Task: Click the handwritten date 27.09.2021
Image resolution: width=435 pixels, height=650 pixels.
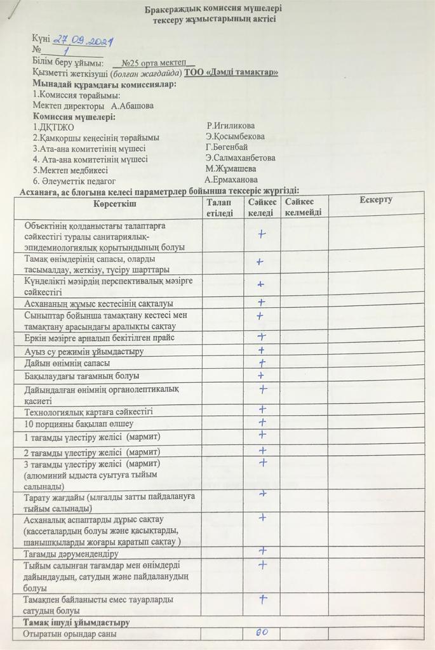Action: [83, 41]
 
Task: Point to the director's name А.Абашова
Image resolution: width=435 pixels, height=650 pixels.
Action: [132, 106]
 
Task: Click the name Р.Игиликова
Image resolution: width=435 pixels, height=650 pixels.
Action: [231, 126]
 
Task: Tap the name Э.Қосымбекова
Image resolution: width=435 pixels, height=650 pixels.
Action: [235, 136]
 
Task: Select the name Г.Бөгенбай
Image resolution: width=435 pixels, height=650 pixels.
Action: [227, 147]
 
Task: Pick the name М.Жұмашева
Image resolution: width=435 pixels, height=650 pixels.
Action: [231, 169]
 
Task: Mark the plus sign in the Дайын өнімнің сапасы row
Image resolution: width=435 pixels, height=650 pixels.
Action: [260, 362]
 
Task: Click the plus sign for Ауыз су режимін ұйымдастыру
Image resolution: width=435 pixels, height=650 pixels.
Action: [260, 350]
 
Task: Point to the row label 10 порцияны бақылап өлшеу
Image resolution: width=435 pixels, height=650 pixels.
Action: [78, 423]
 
